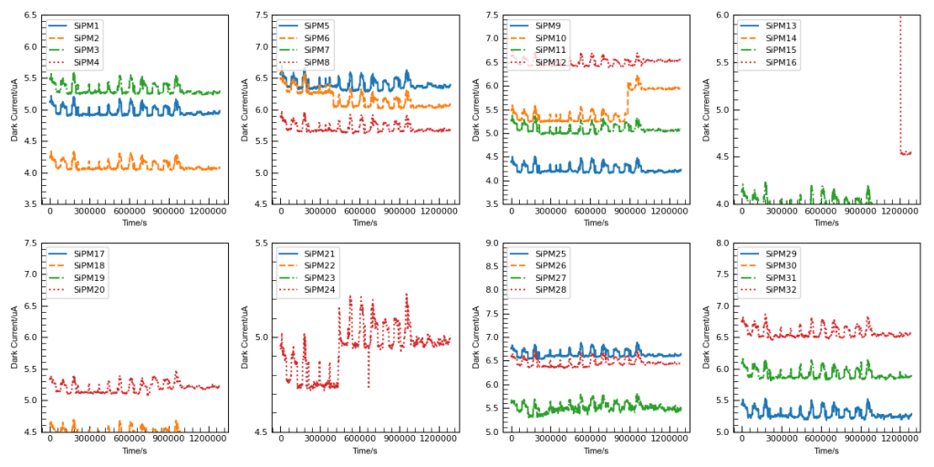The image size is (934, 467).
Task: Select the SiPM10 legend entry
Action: [551, 38]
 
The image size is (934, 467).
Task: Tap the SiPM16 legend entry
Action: [782, 62]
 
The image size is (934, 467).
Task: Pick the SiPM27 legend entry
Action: [551, 277]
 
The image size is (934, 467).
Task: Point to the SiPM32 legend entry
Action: [782, 289]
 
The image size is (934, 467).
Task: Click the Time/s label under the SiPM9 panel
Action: [596, 223]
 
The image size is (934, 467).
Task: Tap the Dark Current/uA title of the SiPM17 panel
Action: [15, 337]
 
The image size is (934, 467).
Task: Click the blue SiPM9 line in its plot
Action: [593, 170]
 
